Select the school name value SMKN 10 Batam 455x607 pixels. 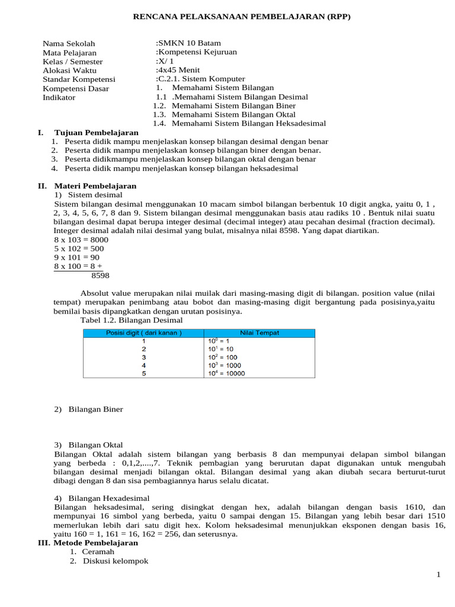[x=188, y=43]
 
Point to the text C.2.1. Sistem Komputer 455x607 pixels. [x=200, y=79]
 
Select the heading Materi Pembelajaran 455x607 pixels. [x=95, y=186]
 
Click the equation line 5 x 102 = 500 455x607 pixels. [x=79, y=248]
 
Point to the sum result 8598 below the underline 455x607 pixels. [x=100, y=275]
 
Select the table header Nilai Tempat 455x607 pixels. [x=259, y=333]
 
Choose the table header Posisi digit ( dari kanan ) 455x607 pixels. [x=143, y=333]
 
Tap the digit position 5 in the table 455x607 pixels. [x=143, y=373]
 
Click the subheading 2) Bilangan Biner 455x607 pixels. [x=88, y=409]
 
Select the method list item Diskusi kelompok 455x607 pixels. [x=116, y=561]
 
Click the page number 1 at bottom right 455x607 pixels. [x=438, y=574]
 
